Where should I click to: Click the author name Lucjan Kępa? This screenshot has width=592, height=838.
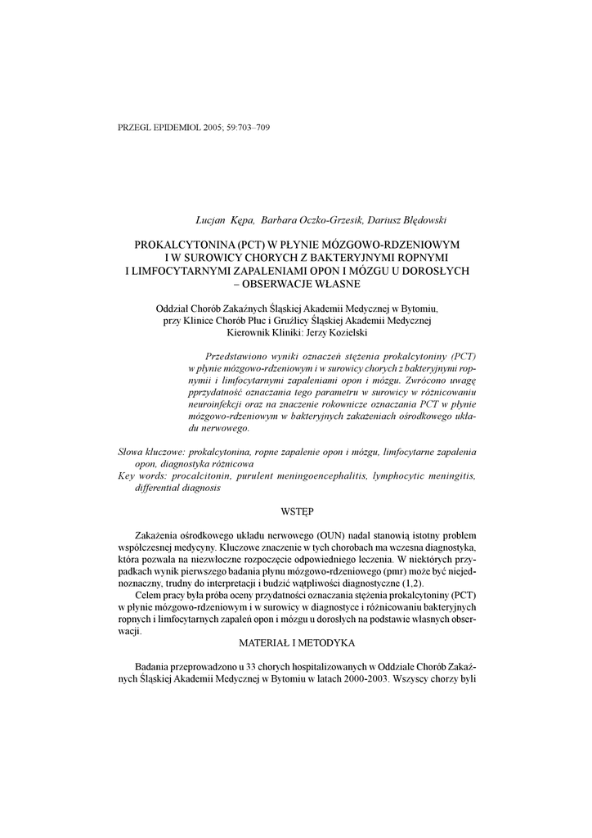225,220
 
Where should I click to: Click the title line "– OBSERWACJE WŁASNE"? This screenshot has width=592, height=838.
297,284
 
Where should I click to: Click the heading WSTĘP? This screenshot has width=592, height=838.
297,510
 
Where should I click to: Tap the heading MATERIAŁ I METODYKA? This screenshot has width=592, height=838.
297,644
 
